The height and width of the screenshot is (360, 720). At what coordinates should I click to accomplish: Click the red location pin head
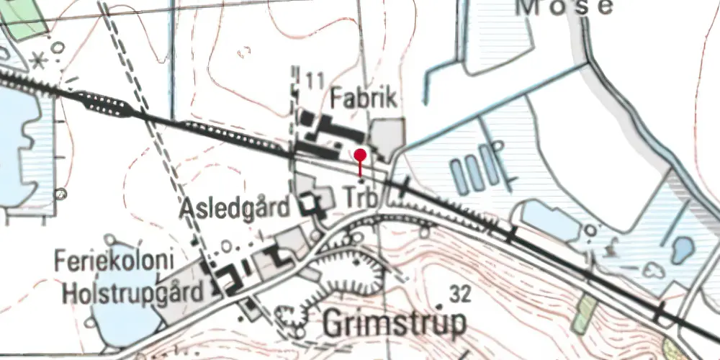[361, 154]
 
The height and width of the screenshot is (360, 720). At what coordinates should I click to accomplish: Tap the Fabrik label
[364, 99]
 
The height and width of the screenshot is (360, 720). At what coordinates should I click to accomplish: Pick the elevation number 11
[313, 80]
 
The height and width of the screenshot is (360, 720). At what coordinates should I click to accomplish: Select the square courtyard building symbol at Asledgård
[312, 206]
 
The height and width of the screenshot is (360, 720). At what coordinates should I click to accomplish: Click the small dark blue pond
[681, 250]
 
